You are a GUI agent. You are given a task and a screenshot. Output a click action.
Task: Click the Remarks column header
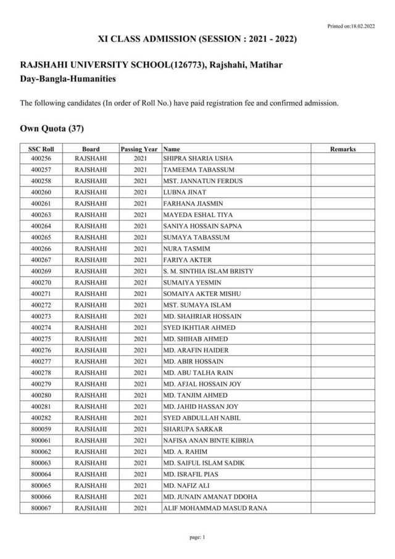pyautogui.click(x=343, y=149)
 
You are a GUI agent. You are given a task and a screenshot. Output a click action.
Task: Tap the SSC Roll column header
pyautogui.click(x=41, y=149)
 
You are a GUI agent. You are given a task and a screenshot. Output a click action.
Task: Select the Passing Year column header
pyautogui.click(x=139, y=149)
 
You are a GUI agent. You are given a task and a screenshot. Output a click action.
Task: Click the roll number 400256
pyautogui.click(x=41, y=159)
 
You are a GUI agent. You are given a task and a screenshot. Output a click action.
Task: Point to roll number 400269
pyautogui.click(x=41, y=271)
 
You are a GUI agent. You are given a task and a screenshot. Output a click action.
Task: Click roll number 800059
pyautogui.click(x=41, y=429)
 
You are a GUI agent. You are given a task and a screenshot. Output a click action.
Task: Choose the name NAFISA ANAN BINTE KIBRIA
pyautogui.click(x=208, y=441)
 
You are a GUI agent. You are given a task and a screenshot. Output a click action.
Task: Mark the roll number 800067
pyautogui.click(x=41, y=508)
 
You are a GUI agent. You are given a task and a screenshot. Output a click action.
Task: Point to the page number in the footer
pyautogui.click(x=197, y=537)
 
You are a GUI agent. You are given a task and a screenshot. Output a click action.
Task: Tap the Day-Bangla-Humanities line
pyautogui.click(x=59, y=78)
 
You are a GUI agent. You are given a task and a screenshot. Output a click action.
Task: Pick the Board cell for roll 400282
pyautogui.click(x=91, y=418)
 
